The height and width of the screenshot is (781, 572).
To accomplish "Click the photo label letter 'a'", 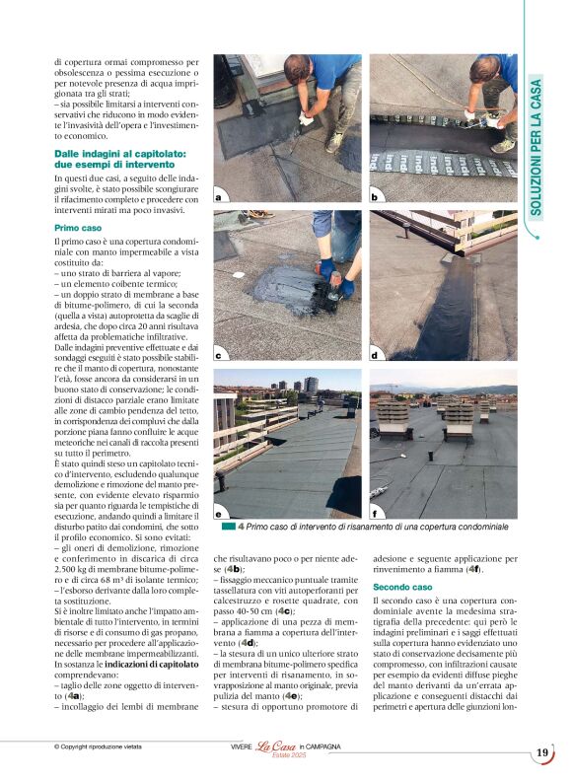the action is (x=219, y=197).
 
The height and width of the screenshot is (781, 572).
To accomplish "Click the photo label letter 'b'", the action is (x=375, y=197).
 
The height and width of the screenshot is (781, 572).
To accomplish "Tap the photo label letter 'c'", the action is (x=219, y=354).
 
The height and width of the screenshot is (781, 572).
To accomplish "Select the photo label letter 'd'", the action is (x=375, y=354).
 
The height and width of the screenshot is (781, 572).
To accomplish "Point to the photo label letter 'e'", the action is (x=219, y=514).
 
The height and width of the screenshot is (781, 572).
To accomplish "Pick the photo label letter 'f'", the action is (x=375, y=514).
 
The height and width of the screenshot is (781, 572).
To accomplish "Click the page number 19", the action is (x=542, y=753).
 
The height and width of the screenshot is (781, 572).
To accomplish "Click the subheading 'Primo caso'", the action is (x=77, y=227).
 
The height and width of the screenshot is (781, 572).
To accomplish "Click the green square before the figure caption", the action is (x=228, y=528).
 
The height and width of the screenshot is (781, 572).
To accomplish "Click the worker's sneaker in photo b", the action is (x=503, y=145).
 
